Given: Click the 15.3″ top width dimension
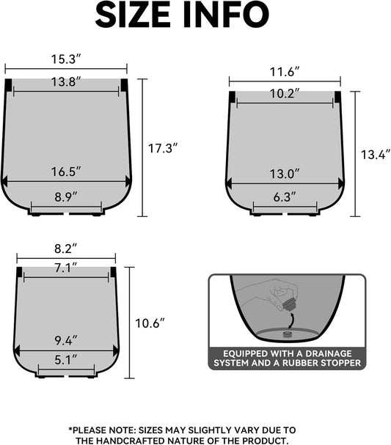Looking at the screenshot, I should tap(66, 58).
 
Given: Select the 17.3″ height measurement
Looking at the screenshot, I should tap(163, 148).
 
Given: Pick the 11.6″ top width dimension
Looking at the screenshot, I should tap(285, 72).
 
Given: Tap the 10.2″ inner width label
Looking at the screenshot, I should tap(285, 94).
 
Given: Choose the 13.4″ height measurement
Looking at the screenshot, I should tap(374, 155).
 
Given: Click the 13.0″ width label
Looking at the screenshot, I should tap(285, 174).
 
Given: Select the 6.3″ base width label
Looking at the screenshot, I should tap(285, 196).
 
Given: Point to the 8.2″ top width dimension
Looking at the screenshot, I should tap(66, 249).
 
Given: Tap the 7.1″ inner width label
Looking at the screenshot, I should tap(66, 268).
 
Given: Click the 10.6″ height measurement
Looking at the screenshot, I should tap(150, 323).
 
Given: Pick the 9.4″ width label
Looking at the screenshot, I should tap(66, 340).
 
